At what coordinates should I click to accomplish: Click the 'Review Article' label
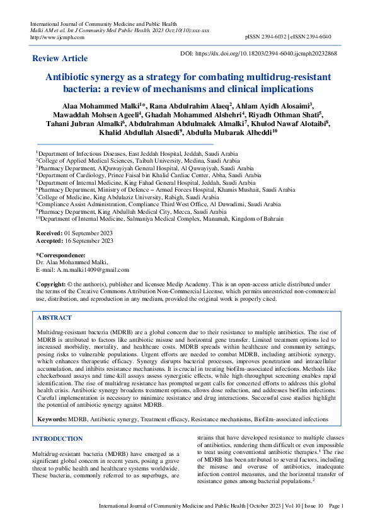(x=60, y=59)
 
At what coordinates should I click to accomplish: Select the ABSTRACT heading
(x=55, y=318)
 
